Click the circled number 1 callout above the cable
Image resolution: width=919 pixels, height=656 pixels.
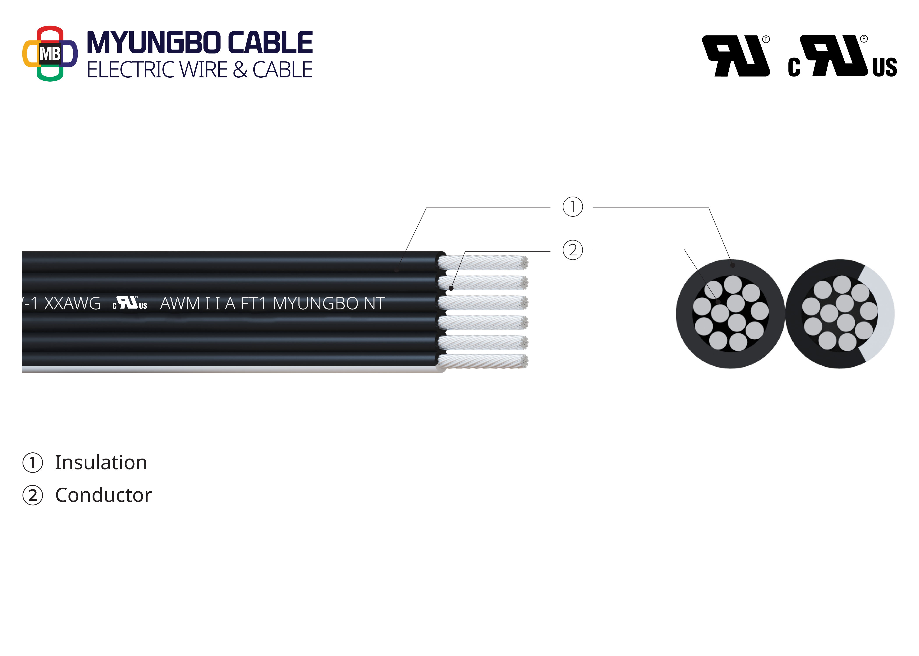[x=573, y=207]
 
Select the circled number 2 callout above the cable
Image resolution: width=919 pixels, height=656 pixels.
[x=573, y=250]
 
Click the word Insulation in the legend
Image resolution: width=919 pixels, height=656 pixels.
[x=101, y=462]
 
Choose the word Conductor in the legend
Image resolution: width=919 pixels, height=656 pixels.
[x=103, y=495]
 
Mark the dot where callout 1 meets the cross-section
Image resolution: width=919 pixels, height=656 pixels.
[x=733, y=265]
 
